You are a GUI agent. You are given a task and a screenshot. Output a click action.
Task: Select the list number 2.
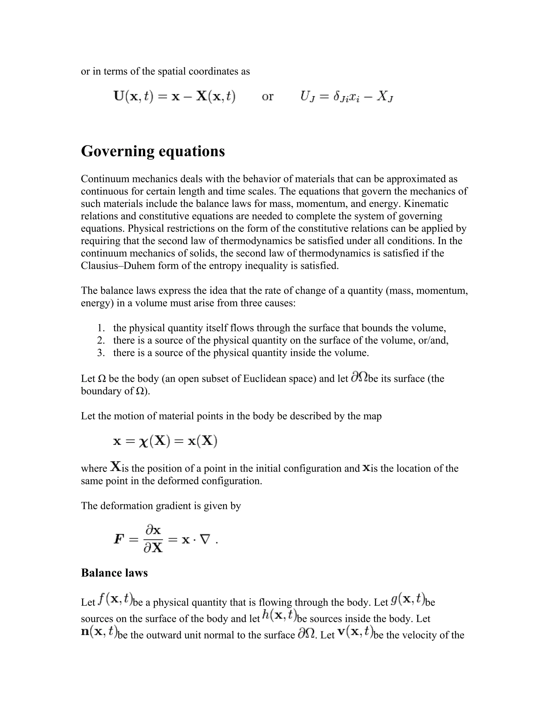click(x=101, y=340)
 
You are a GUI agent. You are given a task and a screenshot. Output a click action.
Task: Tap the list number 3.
click(x=101, y=353)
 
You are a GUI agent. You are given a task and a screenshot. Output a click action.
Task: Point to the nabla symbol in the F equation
click(x=205, y=540)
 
